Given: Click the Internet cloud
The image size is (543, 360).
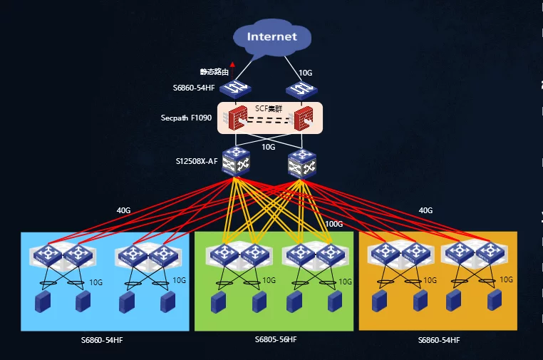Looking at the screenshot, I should pos(271,38).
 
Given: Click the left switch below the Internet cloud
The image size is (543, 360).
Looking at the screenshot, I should pos(233,88).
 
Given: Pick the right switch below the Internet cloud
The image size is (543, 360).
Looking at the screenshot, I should pos(300,88).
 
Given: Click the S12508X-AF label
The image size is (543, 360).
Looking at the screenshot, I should pos(197,160).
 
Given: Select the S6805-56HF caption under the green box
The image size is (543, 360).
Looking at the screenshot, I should pos(276,339).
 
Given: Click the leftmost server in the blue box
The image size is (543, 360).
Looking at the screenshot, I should pos(43,302).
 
